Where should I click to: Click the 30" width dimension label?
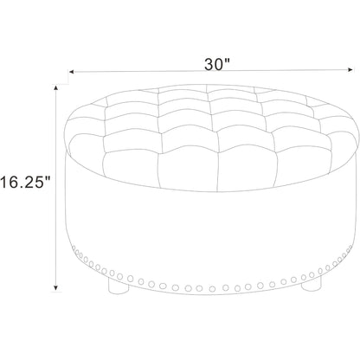pyautogui.click(x=217, y=64)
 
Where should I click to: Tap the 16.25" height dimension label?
pyautogui.click(x=25, y=182)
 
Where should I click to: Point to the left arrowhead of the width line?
pyautogui.click(x=72, y=72)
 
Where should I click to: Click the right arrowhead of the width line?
pyautogui.click(x=350, y=69)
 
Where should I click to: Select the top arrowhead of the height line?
pyautogui.click(x=56, y=87)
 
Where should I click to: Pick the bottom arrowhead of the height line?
pyautogui.click(x=56, y=287)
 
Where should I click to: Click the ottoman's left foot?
pyautogui.click(x=118, y=286)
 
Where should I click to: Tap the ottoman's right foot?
pyautogui.click(x=311, y=284)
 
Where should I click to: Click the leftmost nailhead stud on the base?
pyautogui.click(x=74, y=248)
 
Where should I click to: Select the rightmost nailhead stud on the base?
pyautogui.click(x=350, y=247)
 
